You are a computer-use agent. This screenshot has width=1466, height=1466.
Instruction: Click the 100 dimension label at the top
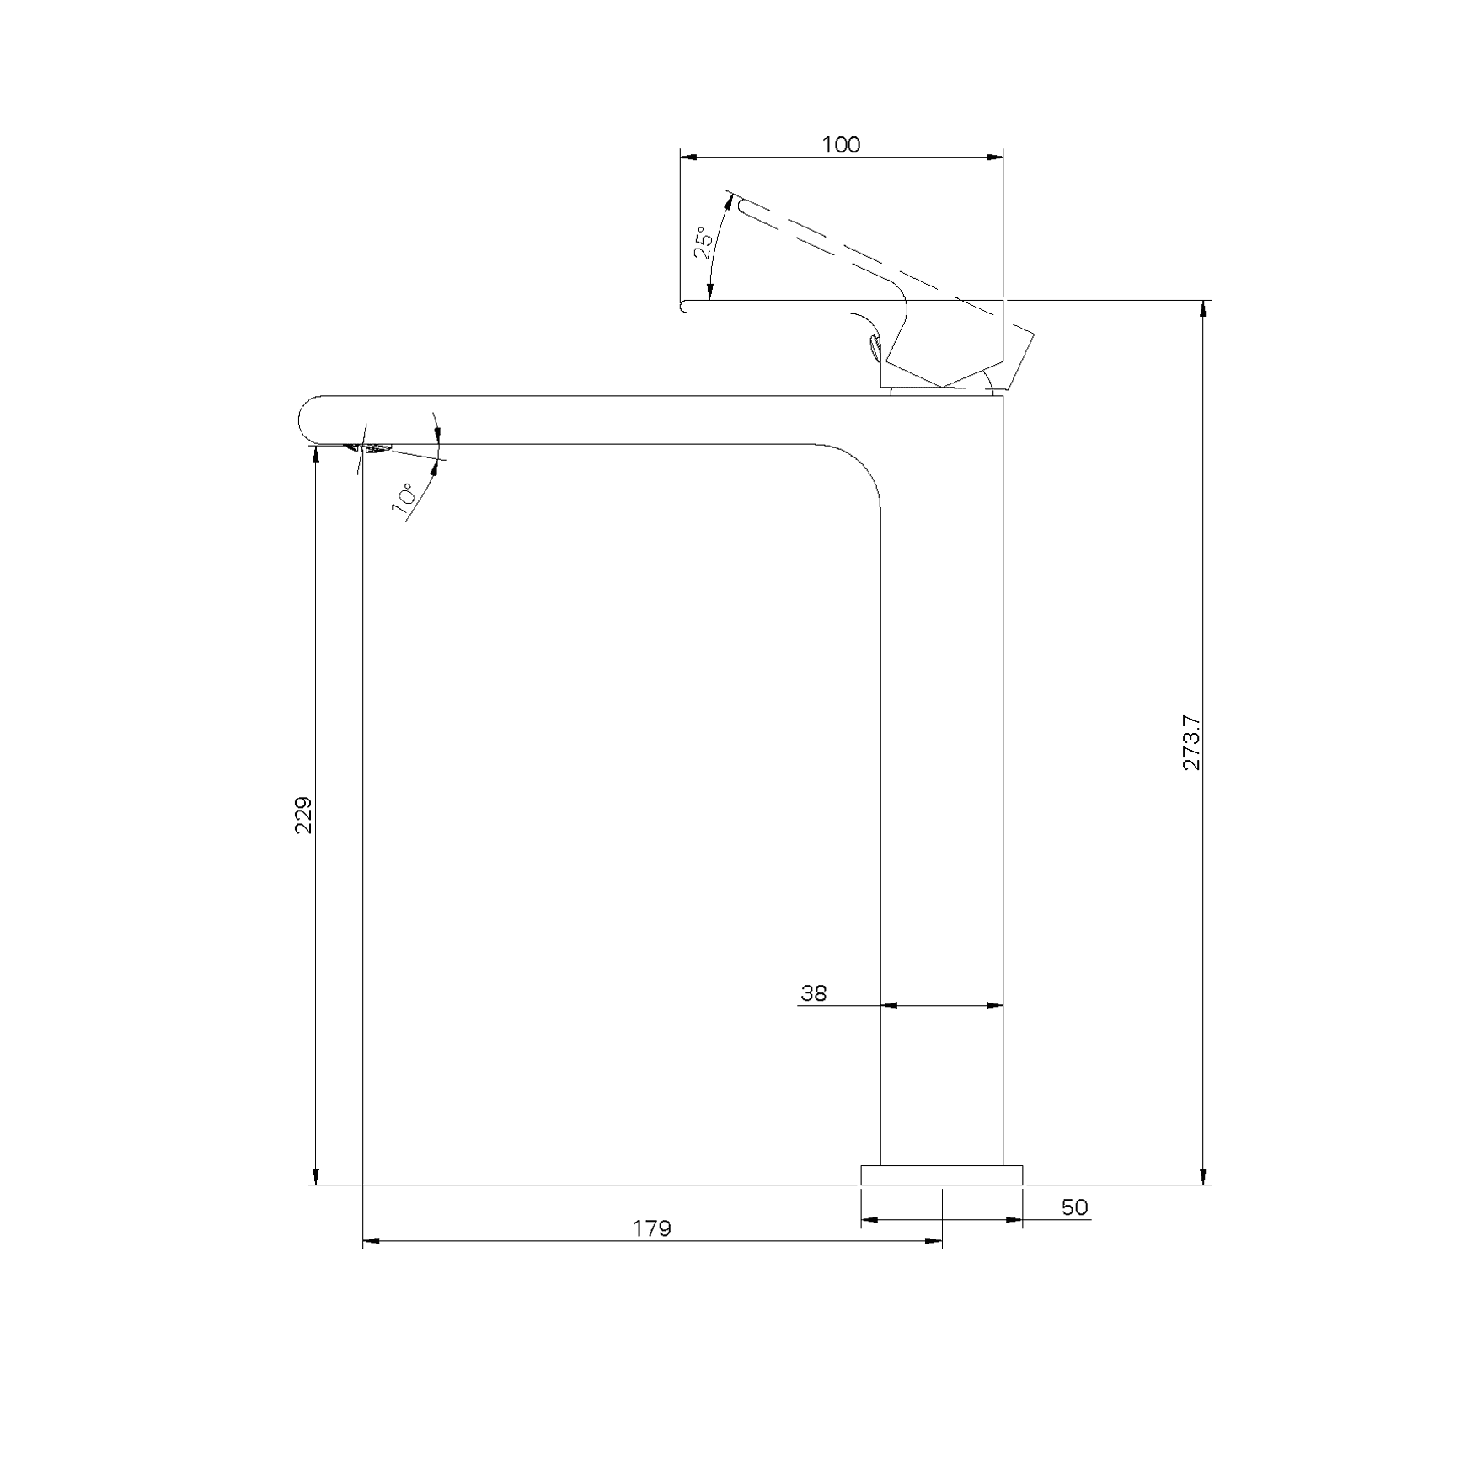[841, 145]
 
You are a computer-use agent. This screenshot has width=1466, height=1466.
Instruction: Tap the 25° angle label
[704, 242]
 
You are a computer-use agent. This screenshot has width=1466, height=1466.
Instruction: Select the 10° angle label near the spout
[404, 498]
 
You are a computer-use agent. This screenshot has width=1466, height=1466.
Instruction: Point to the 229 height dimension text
[303, 815]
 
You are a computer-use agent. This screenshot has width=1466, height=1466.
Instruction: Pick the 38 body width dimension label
[813, 993]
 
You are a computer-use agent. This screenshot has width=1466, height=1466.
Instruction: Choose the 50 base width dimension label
[1074, 1207]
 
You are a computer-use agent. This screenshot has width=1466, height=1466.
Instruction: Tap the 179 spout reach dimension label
[652, 1229]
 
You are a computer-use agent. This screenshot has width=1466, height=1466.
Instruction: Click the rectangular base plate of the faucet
[942, 1175]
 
